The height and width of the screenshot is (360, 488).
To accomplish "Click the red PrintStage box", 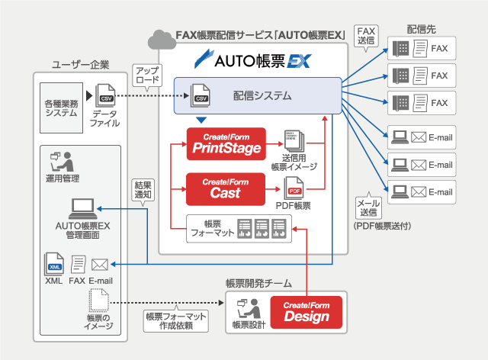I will [226, 143].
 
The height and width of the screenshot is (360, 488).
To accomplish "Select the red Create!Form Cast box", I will [226, 188].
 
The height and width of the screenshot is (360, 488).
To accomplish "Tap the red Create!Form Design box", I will [307, 312].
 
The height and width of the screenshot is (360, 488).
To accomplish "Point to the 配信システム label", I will [262, 96].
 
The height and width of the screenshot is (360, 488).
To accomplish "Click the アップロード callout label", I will [146, 75].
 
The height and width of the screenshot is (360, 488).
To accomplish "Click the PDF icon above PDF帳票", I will [294, 187].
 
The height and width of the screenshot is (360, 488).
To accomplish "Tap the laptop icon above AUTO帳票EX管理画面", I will [82, 207].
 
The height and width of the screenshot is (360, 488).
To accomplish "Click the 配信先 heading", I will [422, 29].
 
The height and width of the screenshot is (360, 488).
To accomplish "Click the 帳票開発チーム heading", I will [258, 283].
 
